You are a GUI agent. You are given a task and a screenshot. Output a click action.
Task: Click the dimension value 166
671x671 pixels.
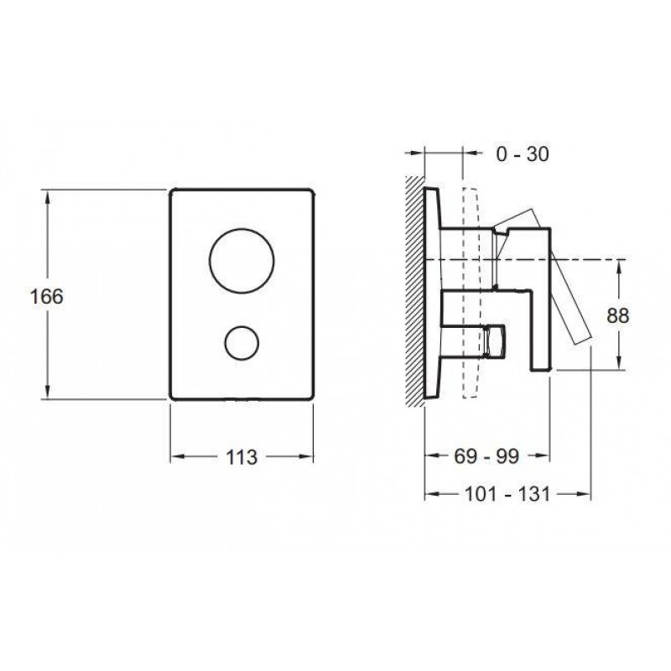tap(47, 296)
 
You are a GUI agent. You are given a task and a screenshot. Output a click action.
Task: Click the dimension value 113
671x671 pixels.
tap(242, 457)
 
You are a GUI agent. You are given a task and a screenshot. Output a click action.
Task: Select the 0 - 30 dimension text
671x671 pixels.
tap(523, 154)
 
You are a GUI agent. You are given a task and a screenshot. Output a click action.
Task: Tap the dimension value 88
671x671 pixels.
tap(618, 316)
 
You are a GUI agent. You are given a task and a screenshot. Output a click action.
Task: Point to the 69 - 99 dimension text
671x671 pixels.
tap(486, 456)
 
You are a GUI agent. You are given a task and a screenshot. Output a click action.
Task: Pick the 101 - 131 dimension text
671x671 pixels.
tap(507, 495)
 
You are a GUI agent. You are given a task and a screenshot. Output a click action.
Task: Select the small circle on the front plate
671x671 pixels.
tap(242, 326)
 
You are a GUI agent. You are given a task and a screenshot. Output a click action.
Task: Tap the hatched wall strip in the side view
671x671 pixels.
tap(414, 291)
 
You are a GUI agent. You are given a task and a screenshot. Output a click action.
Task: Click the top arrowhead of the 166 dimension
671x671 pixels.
tap(47, 197)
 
